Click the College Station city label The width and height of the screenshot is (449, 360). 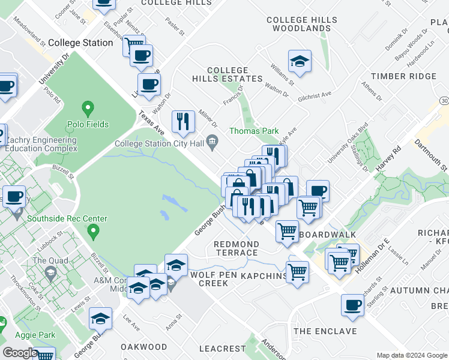(80, 43)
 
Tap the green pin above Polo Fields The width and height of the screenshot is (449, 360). (88, 110)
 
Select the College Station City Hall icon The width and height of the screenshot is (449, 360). (212, 142)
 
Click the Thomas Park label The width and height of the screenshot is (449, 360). (253, 131)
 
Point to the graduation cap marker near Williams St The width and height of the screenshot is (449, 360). (299, 61)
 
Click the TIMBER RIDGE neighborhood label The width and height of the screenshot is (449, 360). (403, 76)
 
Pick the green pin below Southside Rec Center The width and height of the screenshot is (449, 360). (92, 230)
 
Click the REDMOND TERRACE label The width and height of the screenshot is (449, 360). (237, 248)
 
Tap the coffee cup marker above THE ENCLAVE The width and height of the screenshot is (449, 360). (352, 305)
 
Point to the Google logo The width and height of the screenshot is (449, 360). (20, 353)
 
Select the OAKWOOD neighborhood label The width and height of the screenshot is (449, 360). (143, 347)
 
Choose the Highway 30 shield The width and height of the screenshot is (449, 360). (443, 100)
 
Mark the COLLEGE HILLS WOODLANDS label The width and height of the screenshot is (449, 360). (301, 24)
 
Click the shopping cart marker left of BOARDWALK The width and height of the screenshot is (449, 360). (288, 230)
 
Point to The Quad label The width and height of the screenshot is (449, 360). (47, 260)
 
